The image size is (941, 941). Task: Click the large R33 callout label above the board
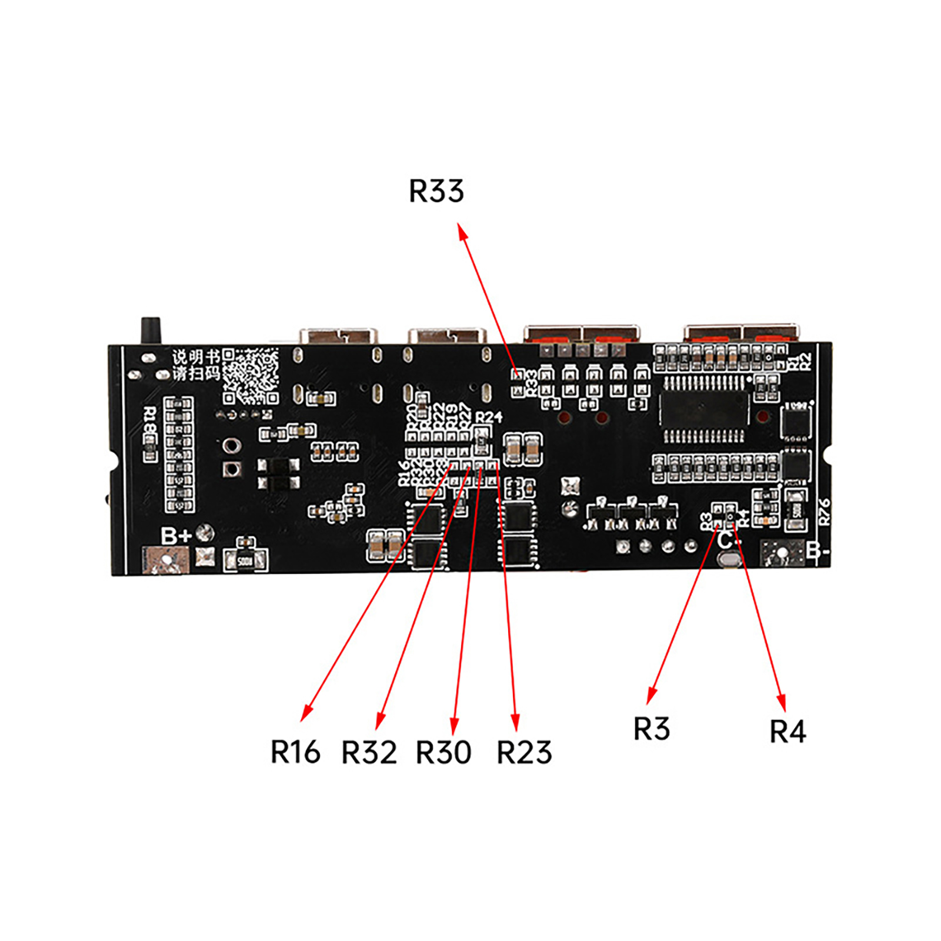(x=436, y=192)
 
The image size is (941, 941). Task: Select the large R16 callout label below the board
(x=295, y=752)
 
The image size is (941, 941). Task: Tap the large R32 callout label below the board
(x=369, y=752)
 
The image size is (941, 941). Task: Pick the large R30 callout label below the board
(x=443, y=752)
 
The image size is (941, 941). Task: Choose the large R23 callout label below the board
(x=524, y=752)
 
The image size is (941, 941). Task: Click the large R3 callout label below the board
(x=651, y=729)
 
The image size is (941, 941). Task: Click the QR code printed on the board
(x=250, y=376)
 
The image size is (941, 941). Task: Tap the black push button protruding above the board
(x=151, y=331)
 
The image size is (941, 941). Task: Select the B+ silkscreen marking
(x=176, y=536)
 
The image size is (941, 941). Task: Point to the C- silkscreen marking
(x=729, y=539)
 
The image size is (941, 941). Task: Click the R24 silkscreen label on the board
(x=489, y=417)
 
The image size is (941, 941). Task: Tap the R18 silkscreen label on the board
(x=150, y=421)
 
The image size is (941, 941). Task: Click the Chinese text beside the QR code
(x=196, y=365)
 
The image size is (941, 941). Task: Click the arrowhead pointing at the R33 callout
(x=462, y=231)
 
